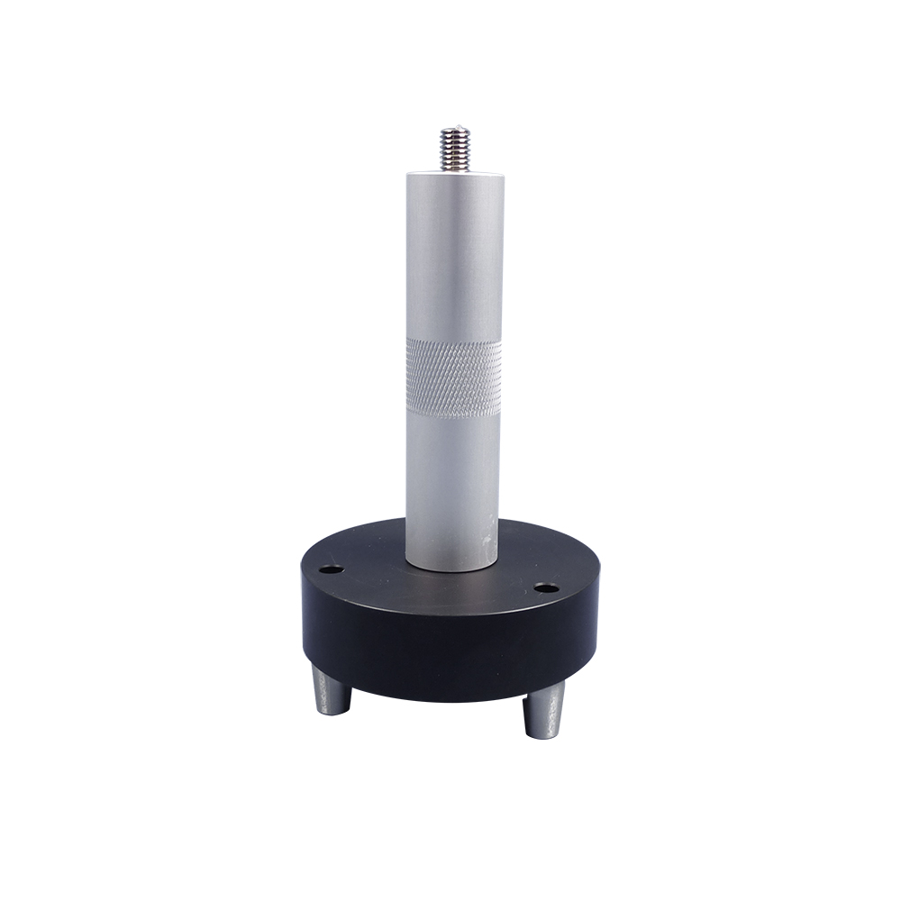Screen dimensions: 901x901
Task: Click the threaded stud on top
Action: tap(455, 150)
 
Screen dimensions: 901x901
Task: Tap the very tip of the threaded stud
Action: tap(455, 128)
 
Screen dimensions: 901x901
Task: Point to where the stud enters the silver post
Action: tap(455, 171)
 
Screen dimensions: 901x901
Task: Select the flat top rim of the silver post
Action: tap(455, 175)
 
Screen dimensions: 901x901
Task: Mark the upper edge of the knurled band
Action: tap(453, 341)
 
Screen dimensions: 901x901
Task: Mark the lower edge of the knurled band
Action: tap(453, 416)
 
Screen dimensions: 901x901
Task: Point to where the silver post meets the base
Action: tap(451, 569)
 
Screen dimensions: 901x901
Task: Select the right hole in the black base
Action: tap(545, 588)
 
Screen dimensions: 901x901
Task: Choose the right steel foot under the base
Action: tap(544, 709)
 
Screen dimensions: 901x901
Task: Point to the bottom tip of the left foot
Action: tap(332, 713)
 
